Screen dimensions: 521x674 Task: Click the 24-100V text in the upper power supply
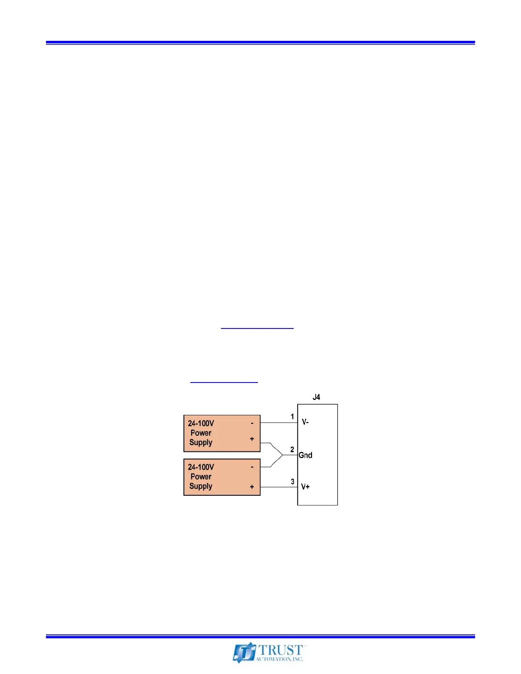201,423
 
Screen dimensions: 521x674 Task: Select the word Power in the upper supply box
201,433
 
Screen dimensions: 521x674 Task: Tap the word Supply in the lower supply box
201,486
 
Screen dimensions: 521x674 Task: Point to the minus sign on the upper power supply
252,423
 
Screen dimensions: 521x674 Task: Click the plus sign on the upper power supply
252,439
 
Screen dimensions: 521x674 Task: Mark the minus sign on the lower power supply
252,467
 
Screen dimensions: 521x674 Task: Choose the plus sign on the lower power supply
252,487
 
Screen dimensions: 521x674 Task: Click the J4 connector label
316,397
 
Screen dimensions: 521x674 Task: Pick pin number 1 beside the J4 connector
292,417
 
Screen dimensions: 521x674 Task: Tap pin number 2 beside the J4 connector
292,449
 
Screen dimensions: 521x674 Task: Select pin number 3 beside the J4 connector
292,482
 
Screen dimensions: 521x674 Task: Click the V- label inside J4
305,422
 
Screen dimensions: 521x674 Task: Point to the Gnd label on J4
305,455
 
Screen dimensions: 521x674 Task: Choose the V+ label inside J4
305,487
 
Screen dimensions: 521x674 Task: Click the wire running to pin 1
278,423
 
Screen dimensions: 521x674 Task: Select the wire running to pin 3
278,487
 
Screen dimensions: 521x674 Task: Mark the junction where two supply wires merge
283,455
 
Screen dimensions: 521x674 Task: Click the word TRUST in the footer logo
281,650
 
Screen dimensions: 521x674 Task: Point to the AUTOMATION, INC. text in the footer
279,659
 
